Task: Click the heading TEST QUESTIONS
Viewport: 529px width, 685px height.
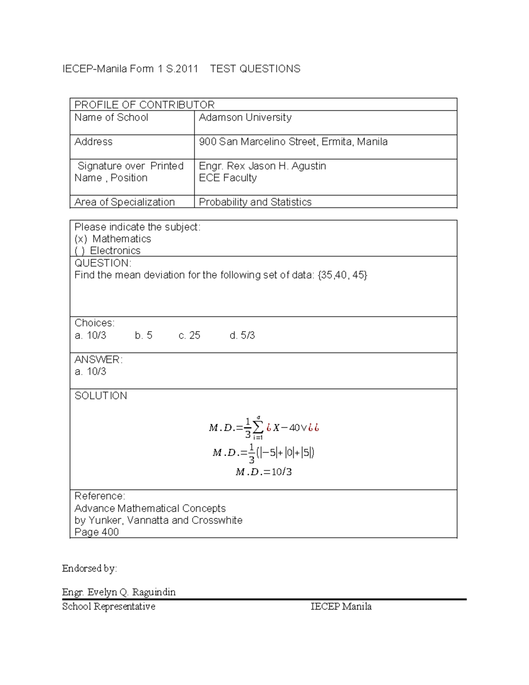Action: click(255, 69)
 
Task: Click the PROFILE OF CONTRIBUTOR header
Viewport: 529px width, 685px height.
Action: click(144, 105)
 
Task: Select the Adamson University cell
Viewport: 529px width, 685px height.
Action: click(245, 117)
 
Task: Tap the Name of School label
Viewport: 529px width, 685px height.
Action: click(111, 117)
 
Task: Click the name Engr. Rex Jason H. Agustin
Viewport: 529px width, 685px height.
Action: click(262, 166)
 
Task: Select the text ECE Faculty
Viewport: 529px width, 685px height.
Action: click(227, 178)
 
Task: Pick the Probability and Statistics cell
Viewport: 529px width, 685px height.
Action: click(255, 202)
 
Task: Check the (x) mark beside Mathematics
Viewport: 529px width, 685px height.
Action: click(81, 239)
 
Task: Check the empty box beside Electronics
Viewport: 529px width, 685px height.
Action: click(80, 251)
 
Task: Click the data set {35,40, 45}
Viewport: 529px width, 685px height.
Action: click(342, 275)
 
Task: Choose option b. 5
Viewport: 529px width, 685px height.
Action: click(144, 336)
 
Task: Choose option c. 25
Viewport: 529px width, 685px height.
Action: click(189, 336)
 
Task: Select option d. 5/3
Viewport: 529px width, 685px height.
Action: click(242, 336)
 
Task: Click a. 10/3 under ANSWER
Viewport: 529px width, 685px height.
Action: click(90, 372)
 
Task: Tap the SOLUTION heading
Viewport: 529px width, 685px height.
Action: click(101, 396)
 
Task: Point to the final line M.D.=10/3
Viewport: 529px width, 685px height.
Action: click(264, 472)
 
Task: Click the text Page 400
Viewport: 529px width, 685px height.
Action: click(97, 532)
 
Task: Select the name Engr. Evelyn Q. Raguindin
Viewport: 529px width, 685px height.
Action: click(119, 592)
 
